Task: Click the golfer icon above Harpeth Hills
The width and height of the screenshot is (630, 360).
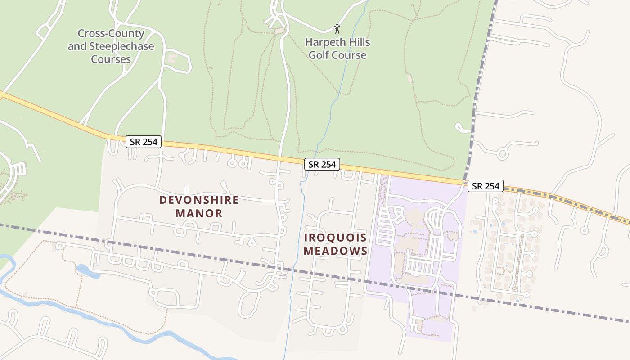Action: click(337, 29)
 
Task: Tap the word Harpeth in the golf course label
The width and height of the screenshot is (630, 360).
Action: click(325, 43)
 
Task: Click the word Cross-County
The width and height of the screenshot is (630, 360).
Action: click(111, 33)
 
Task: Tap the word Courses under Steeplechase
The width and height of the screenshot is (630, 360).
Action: click(111, 59)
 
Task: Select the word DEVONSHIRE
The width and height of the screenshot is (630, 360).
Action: click(199, 200)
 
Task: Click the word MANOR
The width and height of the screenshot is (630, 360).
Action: click(199, 213)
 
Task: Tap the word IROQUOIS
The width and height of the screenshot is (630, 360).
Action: click(336, 237)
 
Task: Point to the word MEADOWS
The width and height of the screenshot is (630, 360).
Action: click(336, 251)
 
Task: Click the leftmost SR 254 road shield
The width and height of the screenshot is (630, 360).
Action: click(144, 142)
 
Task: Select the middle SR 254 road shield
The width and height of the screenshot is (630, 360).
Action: click(322, 164)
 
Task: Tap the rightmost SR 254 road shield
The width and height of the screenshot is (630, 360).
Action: click(485, 186)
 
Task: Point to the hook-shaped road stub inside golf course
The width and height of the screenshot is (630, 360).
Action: click(460, 127)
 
